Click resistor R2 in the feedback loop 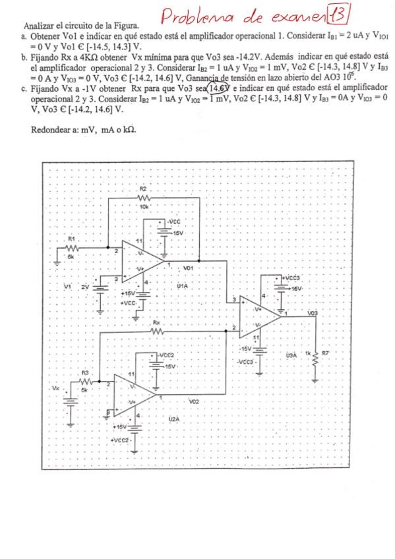tap(144, 197)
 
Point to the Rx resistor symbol tap(156, 332)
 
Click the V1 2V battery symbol tap(100, 286)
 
